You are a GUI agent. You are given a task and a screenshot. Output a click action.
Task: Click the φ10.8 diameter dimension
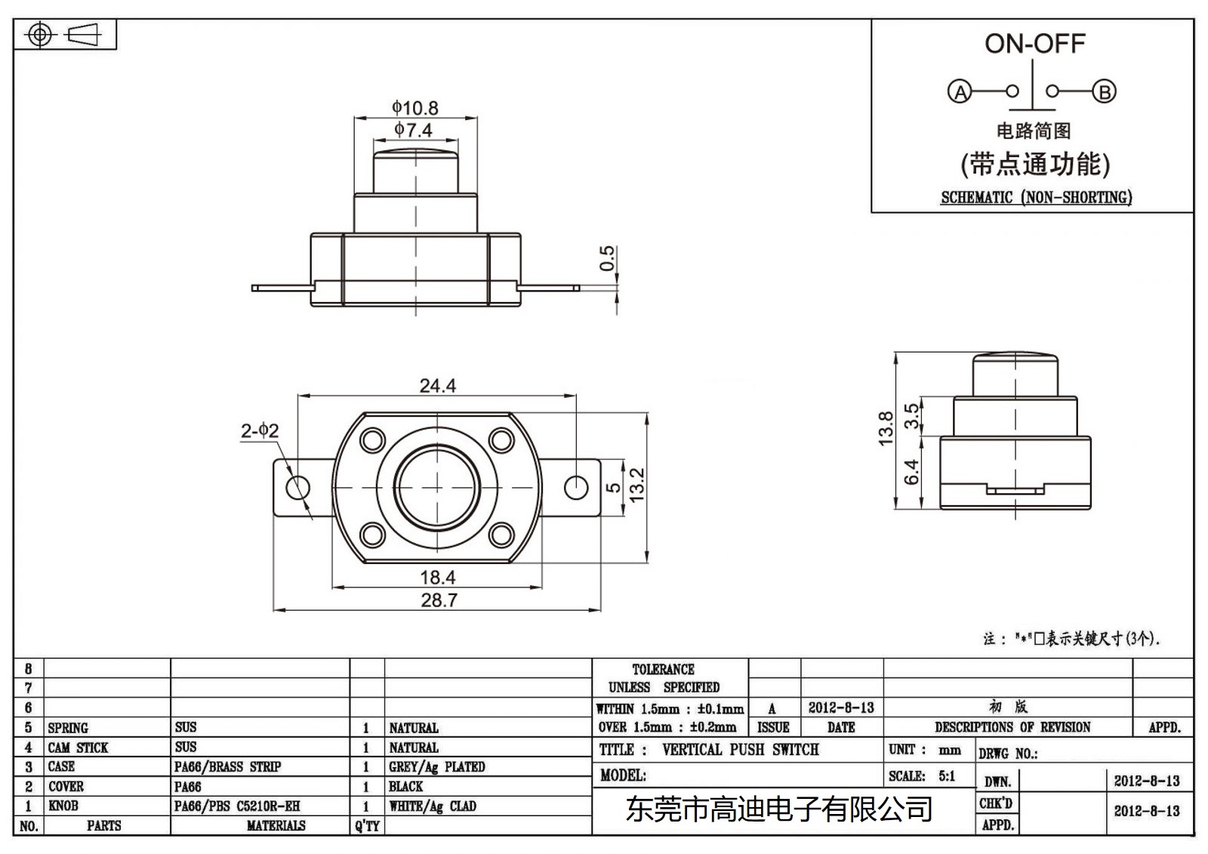[x=414, y=108]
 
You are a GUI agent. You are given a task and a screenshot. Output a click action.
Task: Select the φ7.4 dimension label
[x=413, y=130]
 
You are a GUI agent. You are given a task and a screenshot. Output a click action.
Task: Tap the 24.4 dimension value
[x=438, y=386]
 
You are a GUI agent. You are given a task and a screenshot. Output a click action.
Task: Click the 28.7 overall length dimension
[x=439, y=600]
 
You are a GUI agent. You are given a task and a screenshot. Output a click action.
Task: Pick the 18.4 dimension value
[x=438, y=578]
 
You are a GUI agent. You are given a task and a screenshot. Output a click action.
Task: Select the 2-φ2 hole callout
[x=260, y=431]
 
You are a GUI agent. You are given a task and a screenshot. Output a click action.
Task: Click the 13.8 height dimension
[x=886, y=428]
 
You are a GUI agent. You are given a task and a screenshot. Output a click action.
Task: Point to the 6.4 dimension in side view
[x=911, y=472]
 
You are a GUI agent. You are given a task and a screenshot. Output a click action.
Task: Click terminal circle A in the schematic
[x=960, y=92]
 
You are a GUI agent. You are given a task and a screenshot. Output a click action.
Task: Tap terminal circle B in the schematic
[x=1105, y=92]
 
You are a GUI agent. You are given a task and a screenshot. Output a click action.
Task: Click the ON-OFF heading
[x=1034, y=44]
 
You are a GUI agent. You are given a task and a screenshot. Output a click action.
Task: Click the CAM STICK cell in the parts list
[x=78, y=748]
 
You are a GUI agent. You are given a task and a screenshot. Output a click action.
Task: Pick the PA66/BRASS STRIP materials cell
[x=227, y=767]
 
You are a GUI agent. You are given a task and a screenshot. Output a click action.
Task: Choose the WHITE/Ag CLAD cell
[x=433, y=806]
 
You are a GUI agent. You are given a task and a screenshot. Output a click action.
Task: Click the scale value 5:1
[x=947, y=776]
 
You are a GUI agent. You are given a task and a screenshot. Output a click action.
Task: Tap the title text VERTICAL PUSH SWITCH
[x=740, y=750]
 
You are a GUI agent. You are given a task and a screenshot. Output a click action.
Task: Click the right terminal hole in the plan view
[x=576, y=487]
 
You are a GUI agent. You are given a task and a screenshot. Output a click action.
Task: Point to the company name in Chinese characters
[x=779, y=810]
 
